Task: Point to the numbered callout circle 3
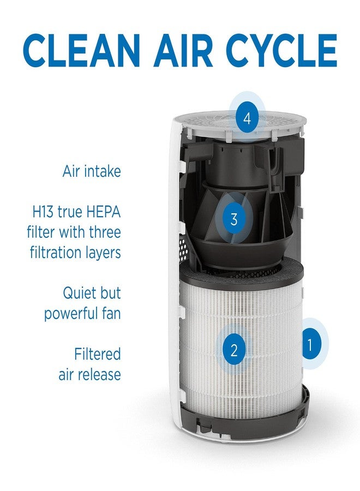[234, 219]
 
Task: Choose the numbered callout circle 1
[310, 344]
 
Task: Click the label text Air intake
[91, 171]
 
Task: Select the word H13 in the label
[43, 212]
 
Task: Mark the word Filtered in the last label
[97, 354]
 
